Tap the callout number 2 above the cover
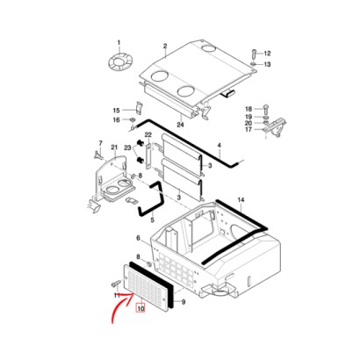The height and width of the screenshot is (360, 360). (165, 46)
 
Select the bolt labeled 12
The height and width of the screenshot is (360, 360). (254, 54)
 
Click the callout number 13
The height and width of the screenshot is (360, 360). (268, 64)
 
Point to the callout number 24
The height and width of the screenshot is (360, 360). (180, 125)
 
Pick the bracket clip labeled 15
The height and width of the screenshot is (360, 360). (139, 108)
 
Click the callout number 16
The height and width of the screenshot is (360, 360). (116, 120)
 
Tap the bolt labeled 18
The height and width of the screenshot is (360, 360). (266, 109)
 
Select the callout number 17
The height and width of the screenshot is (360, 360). (248, 129)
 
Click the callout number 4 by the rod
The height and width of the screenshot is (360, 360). (220, 146)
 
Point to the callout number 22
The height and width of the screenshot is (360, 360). (148, 135)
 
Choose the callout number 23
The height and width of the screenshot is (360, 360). (127, 148)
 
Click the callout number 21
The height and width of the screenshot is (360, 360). (114, 148)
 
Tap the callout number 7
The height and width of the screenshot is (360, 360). (101, 143)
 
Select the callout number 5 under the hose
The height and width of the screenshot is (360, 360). (152, 220)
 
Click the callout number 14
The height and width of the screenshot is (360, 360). (241, 200)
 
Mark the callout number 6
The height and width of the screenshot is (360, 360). (139, 238)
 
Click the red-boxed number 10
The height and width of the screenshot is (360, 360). (140, 308)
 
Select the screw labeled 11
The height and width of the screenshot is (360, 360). (116, 284)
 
